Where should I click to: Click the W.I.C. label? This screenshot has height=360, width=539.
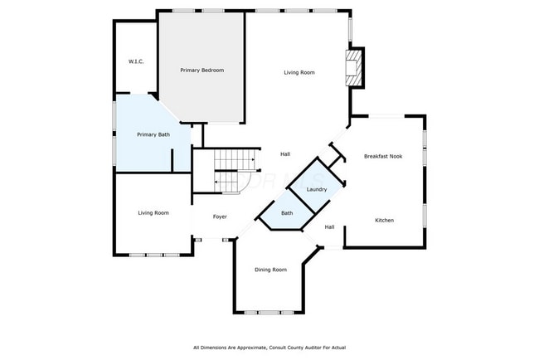(137, 61)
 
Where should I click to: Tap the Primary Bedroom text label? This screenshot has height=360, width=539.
(202, 71)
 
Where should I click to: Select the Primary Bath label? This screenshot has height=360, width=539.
(153, 134)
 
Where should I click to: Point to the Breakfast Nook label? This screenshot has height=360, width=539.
(383, 156)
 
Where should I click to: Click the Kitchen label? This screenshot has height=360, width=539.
(384, 220)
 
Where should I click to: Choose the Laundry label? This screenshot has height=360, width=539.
(316, 190)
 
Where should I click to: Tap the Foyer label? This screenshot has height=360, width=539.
(220, 216)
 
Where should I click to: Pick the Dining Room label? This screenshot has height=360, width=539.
(270, 270)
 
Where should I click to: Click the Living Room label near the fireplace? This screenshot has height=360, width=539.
(299, 73)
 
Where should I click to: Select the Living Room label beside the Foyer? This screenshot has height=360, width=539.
(153, 213)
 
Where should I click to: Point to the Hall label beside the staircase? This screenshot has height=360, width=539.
(284, 153)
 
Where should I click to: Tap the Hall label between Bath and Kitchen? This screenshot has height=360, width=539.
(329, 226)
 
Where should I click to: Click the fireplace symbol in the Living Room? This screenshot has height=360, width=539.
(354, 68)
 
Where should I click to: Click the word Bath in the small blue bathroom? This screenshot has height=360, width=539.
(287, 213)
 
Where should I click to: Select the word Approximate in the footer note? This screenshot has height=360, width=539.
(248, 347)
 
